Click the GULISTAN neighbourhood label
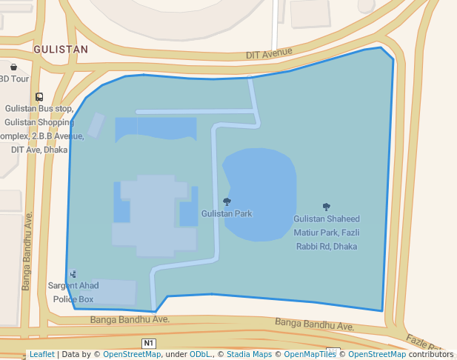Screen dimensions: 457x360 click(61, 50)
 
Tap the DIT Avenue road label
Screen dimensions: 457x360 click(270, 54)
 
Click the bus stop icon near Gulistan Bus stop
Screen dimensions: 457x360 click(39, 97)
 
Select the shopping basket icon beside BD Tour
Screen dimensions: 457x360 click(14, 67)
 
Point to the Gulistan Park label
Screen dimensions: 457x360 click(227, 213)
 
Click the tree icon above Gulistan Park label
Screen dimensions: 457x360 click(227, 201)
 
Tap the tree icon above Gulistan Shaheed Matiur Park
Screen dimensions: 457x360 click(327, 207)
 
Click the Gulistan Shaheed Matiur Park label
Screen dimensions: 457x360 click(327, 233)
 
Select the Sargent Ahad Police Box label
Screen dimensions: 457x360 click(73, 292)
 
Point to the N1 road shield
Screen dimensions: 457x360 click(150, 343)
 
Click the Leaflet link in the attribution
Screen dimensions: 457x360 click(42, 354)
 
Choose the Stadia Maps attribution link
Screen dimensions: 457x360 click(249, 354)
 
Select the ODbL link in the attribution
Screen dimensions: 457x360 click(200, 354)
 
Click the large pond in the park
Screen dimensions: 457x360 click(259, 194)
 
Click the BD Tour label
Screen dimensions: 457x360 click(13, 79)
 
